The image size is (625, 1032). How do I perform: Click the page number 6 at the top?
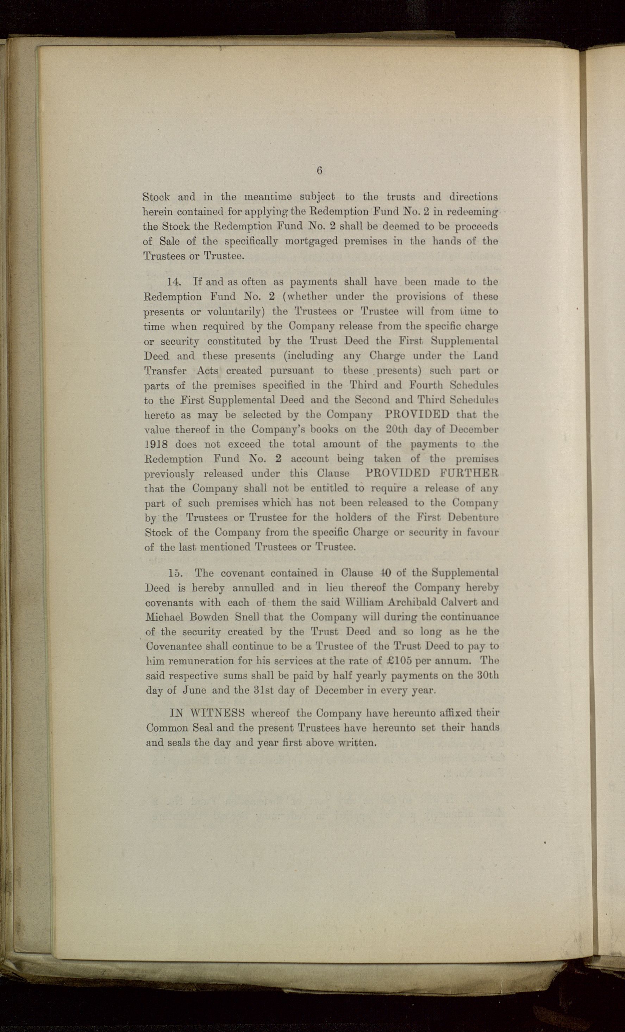click(319, 171)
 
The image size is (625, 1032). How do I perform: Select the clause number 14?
click(173, 281)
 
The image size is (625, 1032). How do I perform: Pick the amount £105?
click(401, 661)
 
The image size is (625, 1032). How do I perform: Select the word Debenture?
click(473, 517)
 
